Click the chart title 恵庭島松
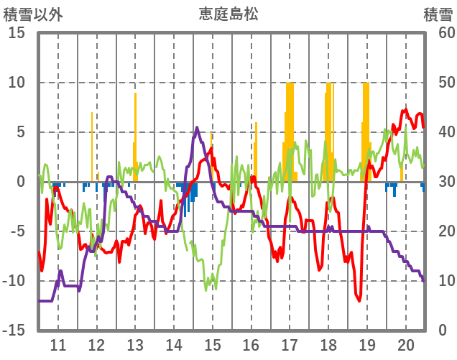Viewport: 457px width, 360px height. coord(228,13)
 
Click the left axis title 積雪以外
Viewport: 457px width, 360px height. coord(31,13)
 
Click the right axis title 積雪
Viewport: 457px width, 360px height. coord(437,13)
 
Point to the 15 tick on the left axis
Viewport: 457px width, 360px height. coord(16,33)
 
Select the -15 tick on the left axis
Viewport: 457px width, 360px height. coord(14,331)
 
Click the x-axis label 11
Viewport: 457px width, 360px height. coord(58,344)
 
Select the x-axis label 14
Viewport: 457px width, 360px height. coord(174,344)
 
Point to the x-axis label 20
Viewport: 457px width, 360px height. coord(406,344)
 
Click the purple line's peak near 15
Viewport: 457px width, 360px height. coord(198,128)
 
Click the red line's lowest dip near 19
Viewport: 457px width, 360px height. coord(360,301)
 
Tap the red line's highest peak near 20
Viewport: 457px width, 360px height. coord(406,110)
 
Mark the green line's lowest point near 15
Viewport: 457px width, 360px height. coord(206,290)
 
